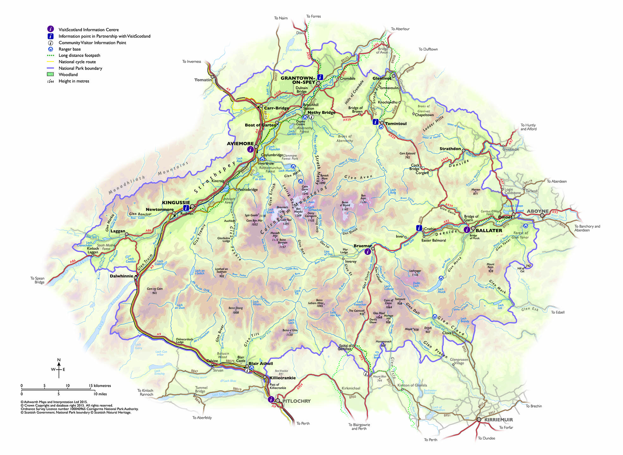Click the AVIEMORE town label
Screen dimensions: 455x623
240,144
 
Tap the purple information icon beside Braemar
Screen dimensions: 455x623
367,252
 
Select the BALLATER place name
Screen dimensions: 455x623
489,231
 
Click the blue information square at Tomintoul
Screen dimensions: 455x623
375,122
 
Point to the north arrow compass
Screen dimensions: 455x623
59,368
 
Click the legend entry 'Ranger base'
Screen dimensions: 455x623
70,49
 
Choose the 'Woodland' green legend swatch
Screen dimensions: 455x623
50,74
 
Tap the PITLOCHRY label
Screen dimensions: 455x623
296,401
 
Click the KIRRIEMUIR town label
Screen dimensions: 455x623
499,420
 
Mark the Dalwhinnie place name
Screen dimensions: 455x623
121,276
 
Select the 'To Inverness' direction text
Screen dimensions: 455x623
191,61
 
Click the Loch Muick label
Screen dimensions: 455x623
441,290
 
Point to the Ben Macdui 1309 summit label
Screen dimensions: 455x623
298,212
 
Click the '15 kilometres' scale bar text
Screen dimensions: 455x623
100,385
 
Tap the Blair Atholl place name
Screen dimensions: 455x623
261,364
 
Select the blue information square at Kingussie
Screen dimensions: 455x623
186,208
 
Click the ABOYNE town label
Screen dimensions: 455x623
538,211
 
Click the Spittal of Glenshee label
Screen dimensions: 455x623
345,347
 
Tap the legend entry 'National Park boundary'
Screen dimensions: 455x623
80,68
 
